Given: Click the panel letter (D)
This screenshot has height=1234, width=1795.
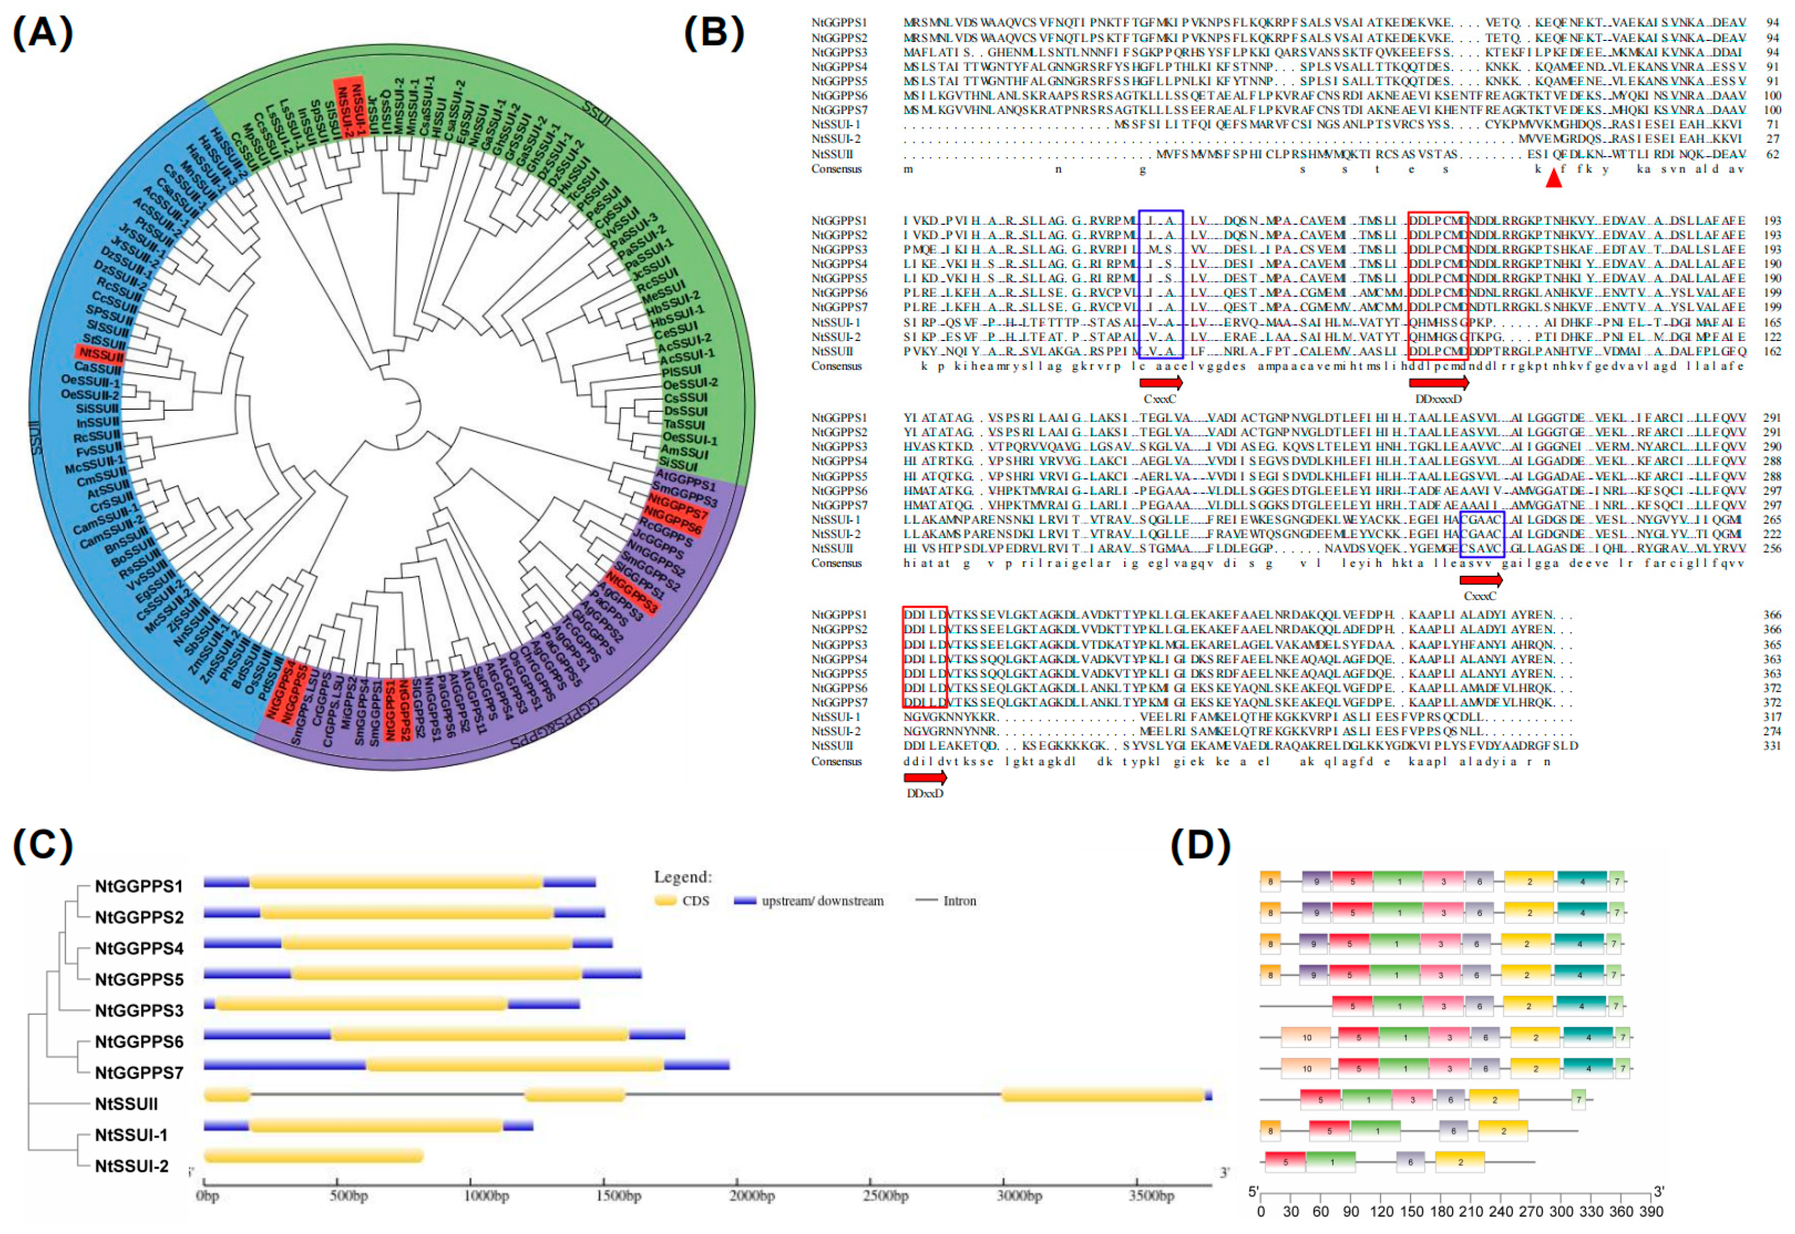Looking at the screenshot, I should point(1200,846).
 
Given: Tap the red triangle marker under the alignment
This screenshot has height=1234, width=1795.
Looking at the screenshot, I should point(1553,178).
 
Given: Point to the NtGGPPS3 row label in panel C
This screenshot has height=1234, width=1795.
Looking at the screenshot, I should point(139,1010).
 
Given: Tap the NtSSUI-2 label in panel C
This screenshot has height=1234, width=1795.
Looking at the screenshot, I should point(131,1166).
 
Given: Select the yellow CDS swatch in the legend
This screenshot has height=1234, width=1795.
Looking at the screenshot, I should point(665,901).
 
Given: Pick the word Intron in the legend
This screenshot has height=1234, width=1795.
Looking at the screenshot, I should point(959,901).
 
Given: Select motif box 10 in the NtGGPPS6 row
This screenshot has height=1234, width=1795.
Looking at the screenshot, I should point(1306,1038).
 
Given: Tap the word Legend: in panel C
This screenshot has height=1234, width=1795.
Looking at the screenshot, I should point(682,877).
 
